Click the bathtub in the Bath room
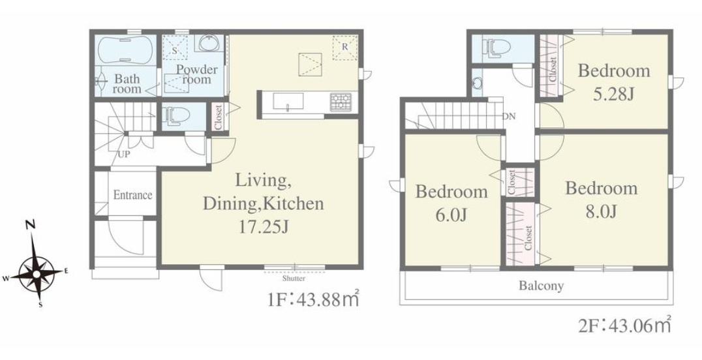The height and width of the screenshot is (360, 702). [x=126, y=50]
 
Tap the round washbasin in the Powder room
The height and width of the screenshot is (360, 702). [x=208, y=44]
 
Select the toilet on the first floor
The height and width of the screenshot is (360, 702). [x=172, y=115]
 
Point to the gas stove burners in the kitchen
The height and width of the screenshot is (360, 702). [x=341, y=102]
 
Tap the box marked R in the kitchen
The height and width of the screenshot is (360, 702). [x=344, y=48]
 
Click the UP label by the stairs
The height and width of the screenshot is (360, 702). [x=124, y=155]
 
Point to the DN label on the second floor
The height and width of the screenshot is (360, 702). [x=509, y=117]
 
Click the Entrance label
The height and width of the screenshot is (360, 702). [x=132, y=195]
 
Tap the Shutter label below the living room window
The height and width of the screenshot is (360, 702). [x=294, y=278]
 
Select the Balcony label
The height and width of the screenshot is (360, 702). [x=541, y=286]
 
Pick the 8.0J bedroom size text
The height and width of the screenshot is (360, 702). [x=602, y=211]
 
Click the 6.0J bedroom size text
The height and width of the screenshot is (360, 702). [x=451, y=215]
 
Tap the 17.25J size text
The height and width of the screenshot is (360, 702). [x=264, y=227]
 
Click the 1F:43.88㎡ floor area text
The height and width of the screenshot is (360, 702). [x=313, y=299]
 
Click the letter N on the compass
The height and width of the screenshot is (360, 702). [x=31, y=225]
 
